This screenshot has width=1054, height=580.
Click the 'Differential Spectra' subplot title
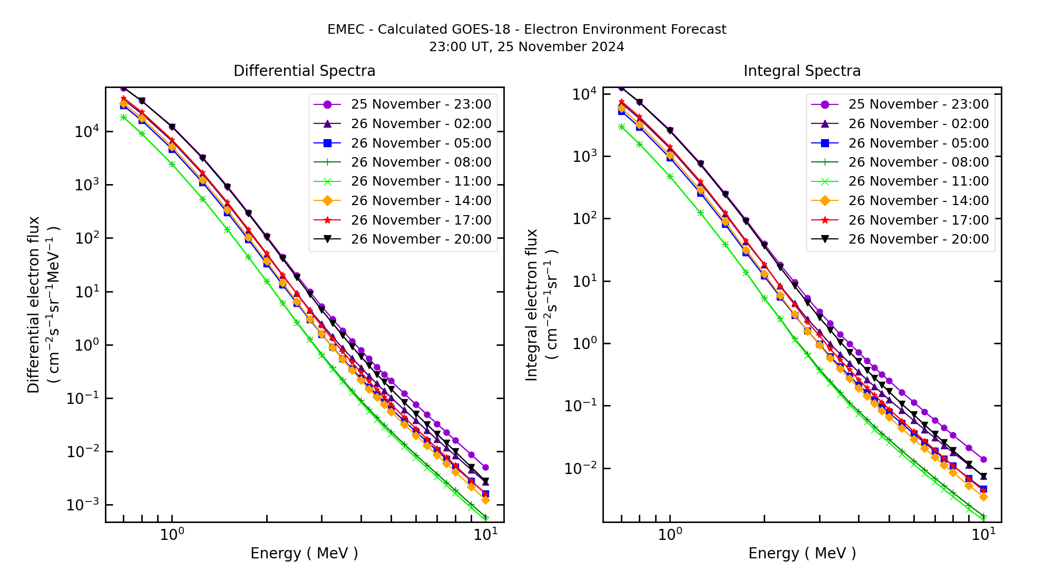click(x=304, y=71)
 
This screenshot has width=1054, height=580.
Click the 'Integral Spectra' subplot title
click(x=802, y=71)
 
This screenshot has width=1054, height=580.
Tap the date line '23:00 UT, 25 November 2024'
click(x=526, y=47)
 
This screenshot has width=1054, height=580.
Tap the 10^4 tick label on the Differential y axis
click(x=85, y=132)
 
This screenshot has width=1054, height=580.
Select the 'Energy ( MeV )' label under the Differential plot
click(x=304, y=553)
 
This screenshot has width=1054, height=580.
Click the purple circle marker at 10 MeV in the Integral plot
click(x=983, y=460)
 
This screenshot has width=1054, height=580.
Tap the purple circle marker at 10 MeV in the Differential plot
click(x=485, y=468)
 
